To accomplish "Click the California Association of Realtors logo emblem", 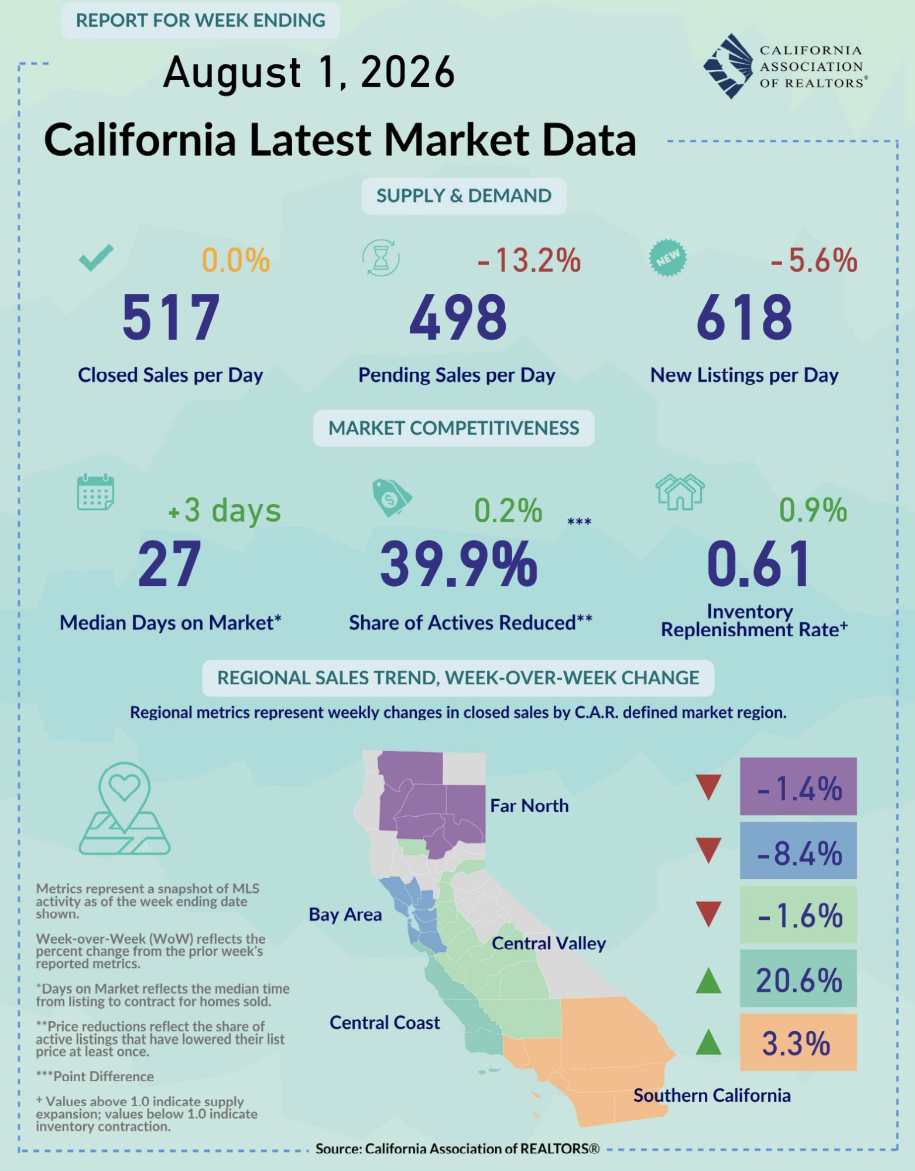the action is pyautogui.click(x=728, y=66).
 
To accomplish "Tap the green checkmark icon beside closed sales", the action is pyautogui.click(x=96, y=258).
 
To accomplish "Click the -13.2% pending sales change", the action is pyautogui.click(x=529, y=261).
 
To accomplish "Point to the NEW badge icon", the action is pyautogui.click(x=668, y=258).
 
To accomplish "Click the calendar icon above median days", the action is pyautogui.click(x=96, y=492).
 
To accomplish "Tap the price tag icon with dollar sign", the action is pyautogui.click(x=392, y=498).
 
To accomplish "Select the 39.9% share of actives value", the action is pyautogui.click(x=458, y=564).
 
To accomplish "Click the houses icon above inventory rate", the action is pyautogui.click(x=680, y=492).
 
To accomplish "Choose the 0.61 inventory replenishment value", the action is pyautogui.click(x=759, y=564).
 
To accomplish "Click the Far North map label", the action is pyautogui.click(x=529, y=806).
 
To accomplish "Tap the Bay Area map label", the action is pyautogui.click(x=345, y=915).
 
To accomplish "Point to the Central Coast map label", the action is pyautogui.click(x=385, y=1022).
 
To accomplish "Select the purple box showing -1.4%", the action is pyautogui.click(x=799, y=786).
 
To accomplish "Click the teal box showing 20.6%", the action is pyautogui.click(x=799, y=978).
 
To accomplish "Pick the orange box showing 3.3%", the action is pyautogui.click(x=799, y=1042).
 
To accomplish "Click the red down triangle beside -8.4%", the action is pyautogui.click(x=708, y=851).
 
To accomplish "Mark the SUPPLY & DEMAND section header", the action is pyautogui.click(x=464, y=196).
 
